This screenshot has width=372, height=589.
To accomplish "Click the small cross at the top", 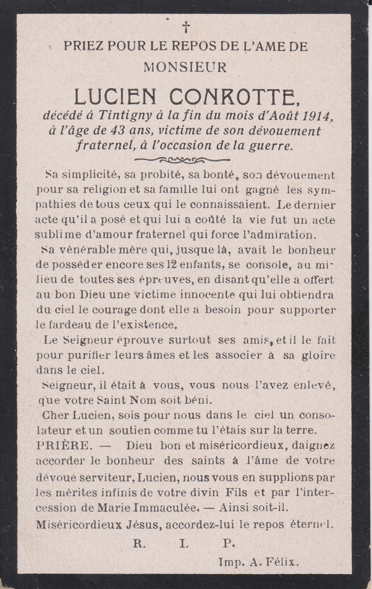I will tap(186, 27).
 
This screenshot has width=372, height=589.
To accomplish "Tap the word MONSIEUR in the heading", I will tap(185, 67).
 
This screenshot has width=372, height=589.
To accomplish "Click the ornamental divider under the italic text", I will tap(182, 160).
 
